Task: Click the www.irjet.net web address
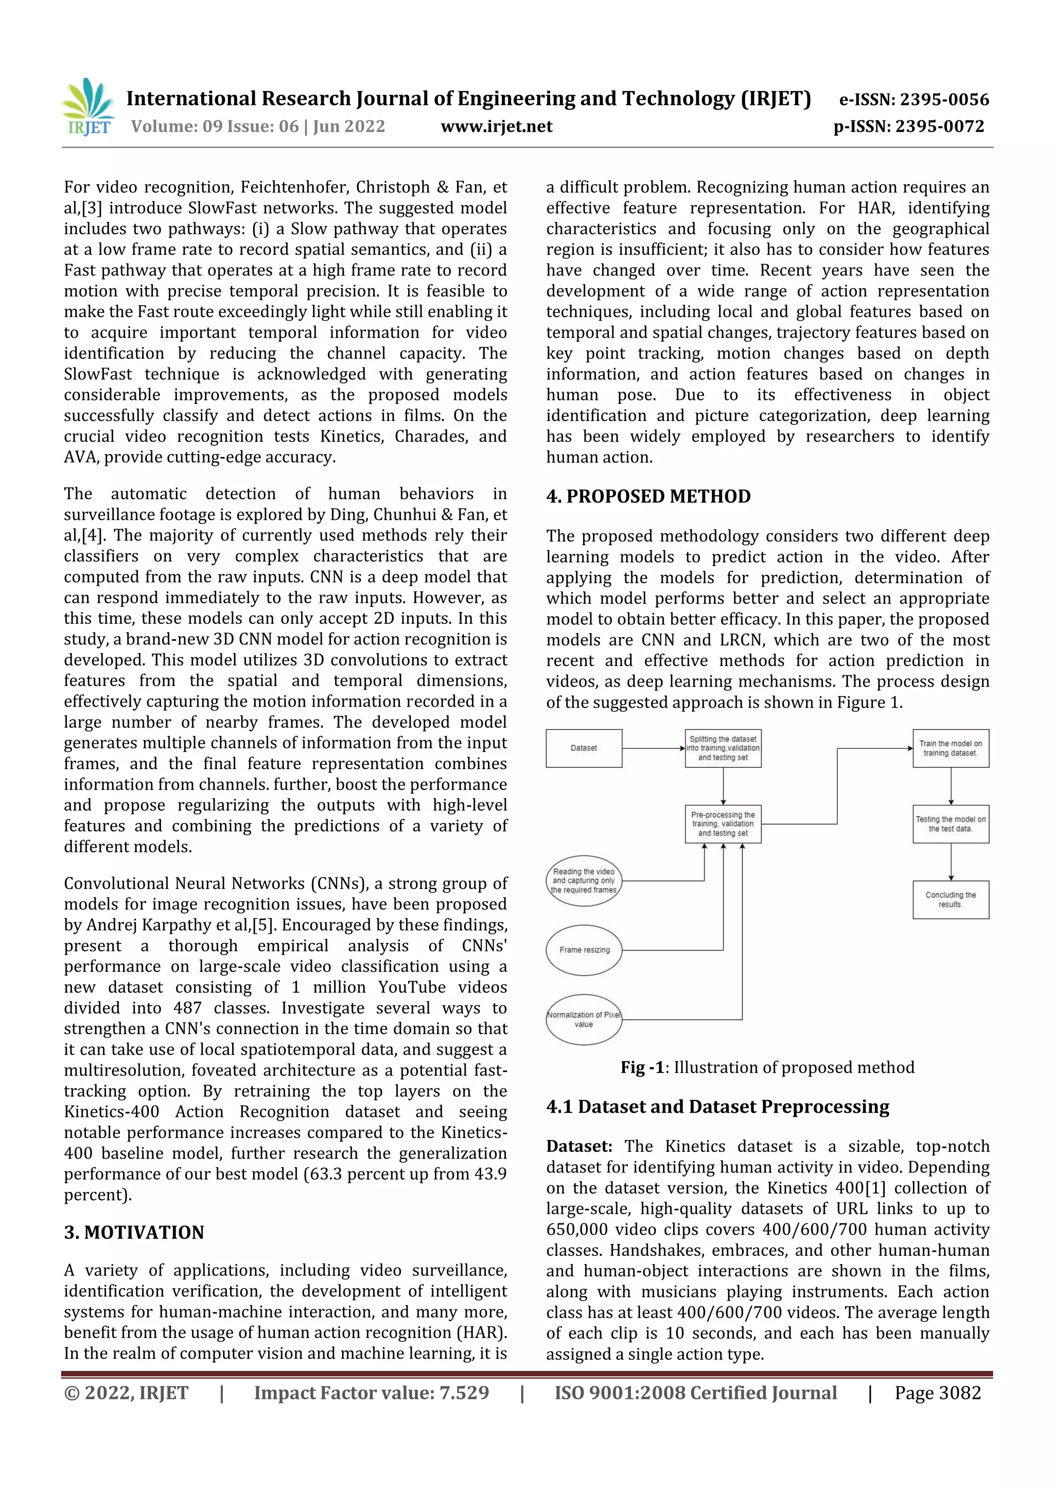pyautogui.click(x=496, y=127)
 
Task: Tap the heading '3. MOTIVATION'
pyautogui.click(x=134, y=1232)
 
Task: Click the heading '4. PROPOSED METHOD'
pyautogui.click(x=648, y=496)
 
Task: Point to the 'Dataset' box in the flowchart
pyautogui.click(x=583, y=748)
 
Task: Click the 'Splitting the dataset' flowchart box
pyautogui.click(x=723, y=748)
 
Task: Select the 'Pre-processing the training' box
pyautogui.click(x=723, y=823)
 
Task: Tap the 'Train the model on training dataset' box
pyautogui.click(x=950, y=748)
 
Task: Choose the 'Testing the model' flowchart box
pyautogui.click(x=950, y=823)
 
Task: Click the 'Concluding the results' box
pyautogui.click(x=950, y=900)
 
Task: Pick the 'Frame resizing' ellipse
pyautogui.click(x=584, y=950)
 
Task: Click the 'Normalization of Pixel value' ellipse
pyautogui.click(x=583, y=1019)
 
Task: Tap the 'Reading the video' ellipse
pyautogui.click(x=583, y=881)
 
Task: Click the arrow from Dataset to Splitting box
pyautogui.click(x=653, y=748)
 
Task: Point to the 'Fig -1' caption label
pyautogui.click(x=642, y=1067)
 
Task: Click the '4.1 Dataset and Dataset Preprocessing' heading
pyautogui.click(x=717, y=1106)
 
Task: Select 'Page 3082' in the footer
pyautogui.click(x=937, y=1392)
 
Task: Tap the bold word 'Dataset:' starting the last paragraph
pyautogui.click(x=578, y=1146)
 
